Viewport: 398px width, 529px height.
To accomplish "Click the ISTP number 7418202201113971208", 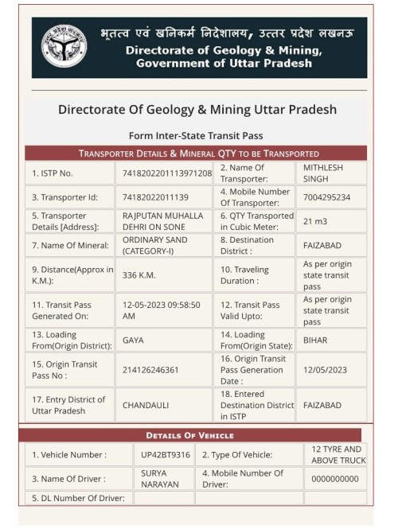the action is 167,173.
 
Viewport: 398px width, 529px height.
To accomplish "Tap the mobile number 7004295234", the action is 326,197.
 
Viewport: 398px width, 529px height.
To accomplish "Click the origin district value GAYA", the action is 133,339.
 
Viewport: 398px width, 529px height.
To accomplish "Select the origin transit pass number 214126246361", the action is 150,370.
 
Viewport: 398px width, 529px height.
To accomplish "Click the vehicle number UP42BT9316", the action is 164,455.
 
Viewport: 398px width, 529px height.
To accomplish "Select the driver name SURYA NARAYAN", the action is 155,478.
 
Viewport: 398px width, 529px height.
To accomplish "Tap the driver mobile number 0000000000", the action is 335,479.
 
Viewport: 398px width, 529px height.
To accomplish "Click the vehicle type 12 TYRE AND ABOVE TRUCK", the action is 335,455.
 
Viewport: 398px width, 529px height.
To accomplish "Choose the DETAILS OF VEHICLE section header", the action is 189,435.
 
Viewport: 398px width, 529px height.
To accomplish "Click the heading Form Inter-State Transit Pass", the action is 195,135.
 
